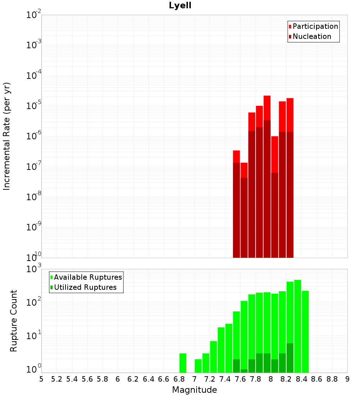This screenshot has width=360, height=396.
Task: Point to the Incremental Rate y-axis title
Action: click(x=7, y=136)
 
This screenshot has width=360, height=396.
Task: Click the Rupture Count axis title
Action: click(x=14, y=320)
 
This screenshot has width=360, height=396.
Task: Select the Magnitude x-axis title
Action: click(x=194, y=390)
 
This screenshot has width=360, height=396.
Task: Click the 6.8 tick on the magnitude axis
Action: click(x=179, y=379)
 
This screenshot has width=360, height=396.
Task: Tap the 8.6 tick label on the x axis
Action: click(x=317, y=379)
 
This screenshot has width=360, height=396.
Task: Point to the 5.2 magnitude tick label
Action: click(x=57, y=379)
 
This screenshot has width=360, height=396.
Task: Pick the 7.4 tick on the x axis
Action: click(x=225, y=379)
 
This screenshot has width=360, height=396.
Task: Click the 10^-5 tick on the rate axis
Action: click(x=34, y=106)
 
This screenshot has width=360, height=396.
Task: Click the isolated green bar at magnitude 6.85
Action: click(x=183, y=363)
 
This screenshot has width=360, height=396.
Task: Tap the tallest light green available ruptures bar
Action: click(x=298, y=326)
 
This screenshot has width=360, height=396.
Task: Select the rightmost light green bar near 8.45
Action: click(x=305, y=331)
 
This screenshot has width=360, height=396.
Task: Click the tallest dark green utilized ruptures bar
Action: click(x=290, y=358)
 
